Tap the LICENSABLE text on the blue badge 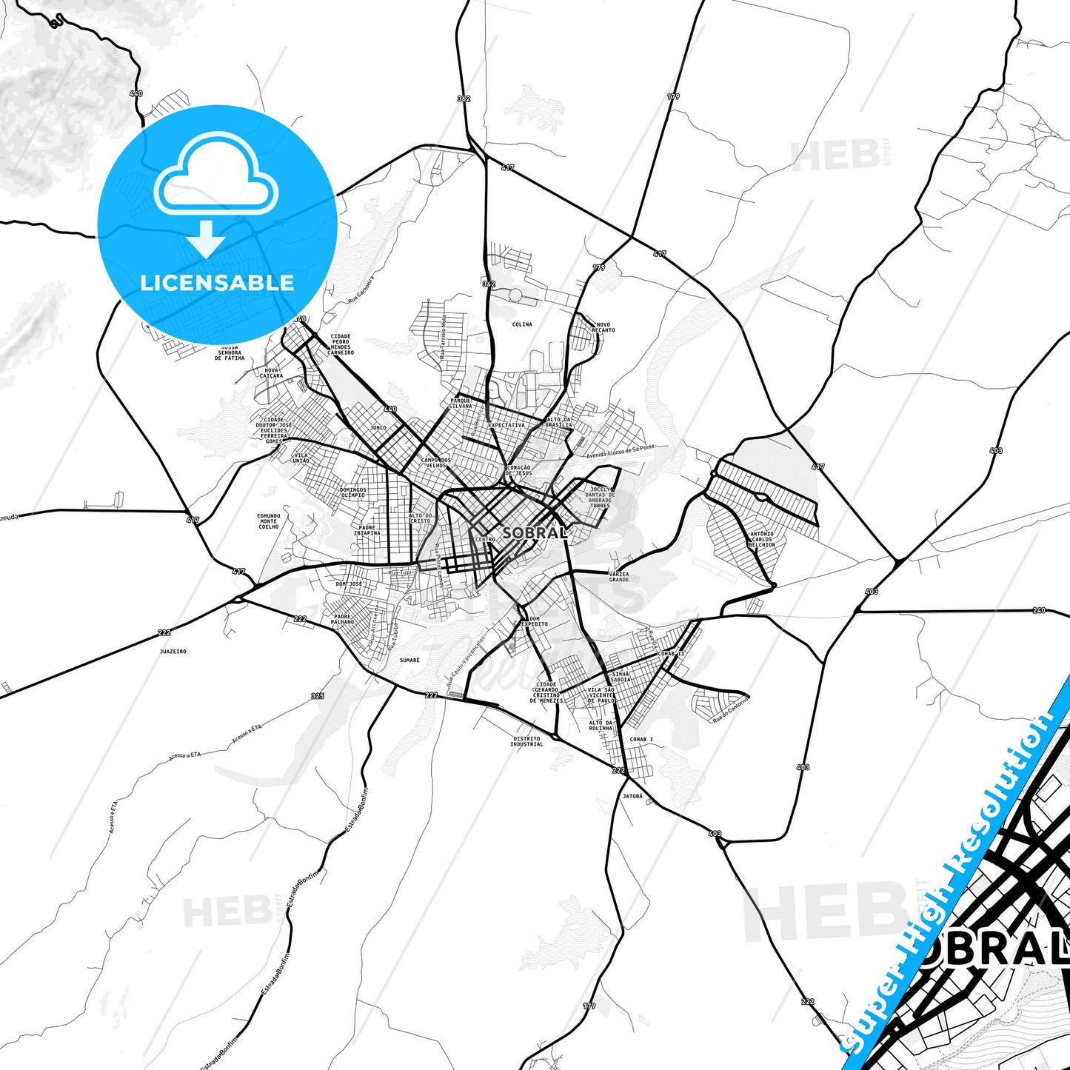(x=217, y=283)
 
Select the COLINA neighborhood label (x=522, y=324)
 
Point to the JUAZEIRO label (x=173, y=652)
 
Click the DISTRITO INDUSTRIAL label (x=526, y=741)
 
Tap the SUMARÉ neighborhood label (x=409, y=660)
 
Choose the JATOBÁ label (x=632, y=797)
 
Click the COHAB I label (x=641, y=739)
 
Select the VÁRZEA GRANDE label (x=618, y=577)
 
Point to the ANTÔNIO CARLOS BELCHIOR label (x=761, y=539)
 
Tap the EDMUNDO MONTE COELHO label (x=269, y=521)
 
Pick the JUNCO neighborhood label (x=378, y=428)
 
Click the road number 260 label (x=1039, y=611)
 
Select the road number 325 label (x=318, y=696)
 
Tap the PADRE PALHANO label (x=342, y=619)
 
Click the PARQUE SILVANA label (x=461, y=404)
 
